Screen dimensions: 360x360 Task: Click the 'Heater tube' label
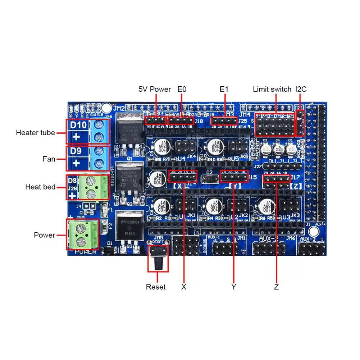[35, 133]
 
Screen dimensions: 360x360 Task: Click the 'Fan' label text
[49, 159]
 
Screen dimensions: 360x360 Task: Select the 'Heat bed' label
[40, 187]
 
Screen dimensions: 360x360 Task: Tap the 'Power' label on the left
[45, 235]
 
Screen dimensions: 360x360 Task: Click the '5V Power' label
[155, 89]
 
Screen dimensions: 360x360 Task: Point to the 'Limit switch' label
[272, 89]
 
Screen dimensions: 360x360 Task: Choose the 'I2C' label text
[301, 89]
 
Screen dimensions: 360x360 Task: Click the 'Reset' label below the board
[156, 287]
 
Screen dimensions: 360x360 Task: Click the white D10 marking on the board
[78, 126]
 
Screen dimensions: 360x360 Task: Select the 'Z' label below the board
[276, 287]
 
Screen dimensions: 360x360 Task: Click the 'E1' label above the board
[224, 89]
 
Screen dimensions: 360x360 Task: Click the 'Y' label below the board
[234, 287]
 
